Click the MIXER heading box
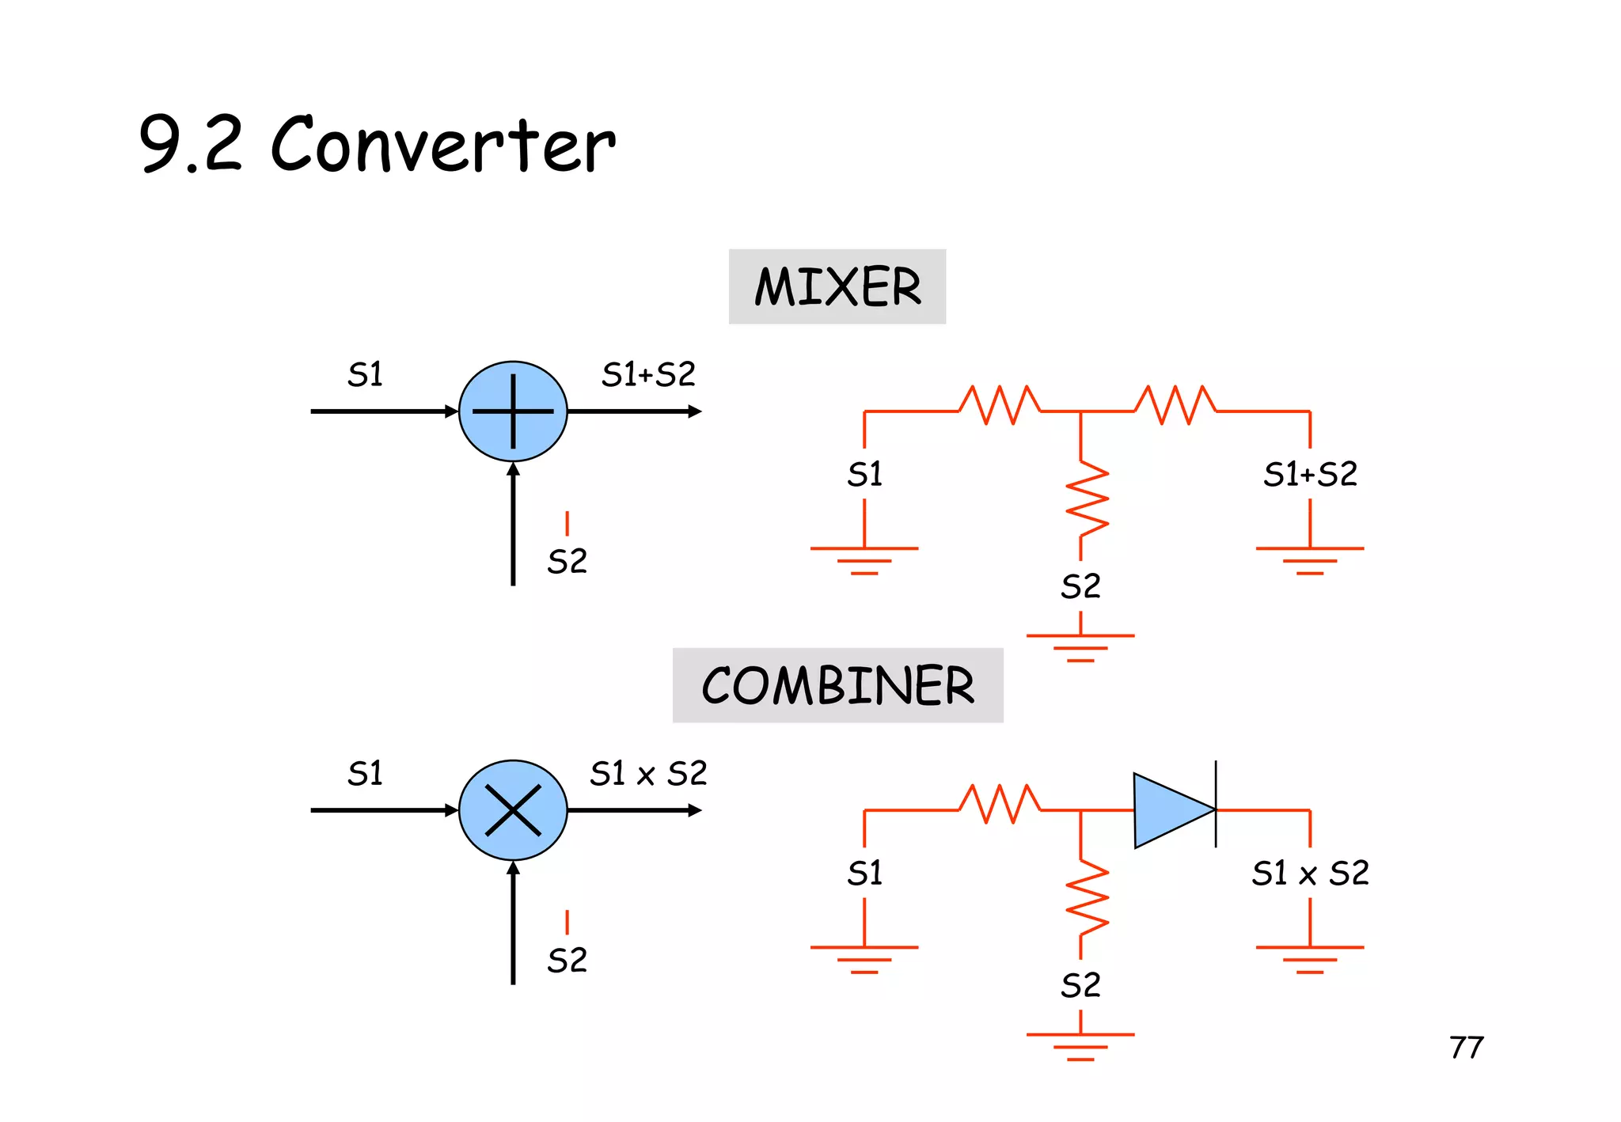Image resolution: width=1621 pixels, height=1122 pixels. point(837,286)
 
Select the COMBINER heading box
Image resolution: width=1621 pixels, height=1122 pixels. point(837,685)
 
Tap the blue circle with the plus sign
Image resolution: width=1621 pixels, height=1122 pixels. point(513,411)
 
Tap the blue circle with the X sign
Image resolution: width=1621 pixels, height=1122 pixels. point(513,810)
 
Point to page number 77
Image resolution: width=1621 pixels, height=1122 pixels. point(1466,1048)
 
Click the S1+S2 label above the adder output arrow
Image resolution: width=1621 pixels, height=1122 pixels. point(648,374)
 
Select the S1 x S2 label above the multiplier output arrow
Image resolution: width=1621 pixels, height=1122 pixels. point(648,773)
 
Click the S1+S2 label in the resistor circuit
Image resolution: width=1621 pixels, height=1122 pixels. point(1310,475)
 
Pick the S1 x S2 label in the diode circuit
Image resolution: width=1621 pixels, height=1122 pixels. point(1310,874)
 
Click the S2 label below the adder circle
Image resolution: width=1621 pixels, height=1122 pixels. point(567,562)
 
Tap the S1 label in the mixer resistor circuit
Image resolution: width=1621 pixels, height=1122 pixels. point(864,475)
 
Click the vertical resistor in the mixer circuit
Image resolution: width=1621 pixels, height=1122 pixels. point(1087,498)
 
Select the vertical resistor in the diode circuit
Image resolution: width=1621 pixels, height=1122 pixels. point(1087,897)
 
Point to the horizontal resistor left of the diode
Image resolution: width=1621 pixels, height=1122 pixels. point(1000,804)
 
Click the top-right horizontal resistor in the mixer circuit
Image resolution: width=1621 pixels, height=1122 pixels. point(1175,405)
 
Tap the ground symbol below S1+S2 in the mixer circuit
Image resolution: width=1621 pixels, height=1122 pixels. point(1310,559)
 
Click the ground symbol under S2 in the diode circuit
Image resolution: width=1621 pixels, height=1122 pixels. point(1080,1044)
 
